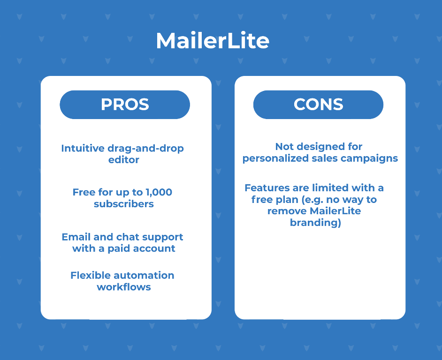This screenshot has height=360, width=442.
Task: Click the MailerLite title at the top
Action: (213, 41)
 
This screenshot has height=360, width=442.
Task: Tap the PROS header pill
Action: (125, 105)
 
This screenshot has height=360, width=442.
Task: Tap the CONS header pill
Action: (318, 105)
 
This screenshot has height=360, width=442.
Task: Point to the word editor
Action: (124, 160)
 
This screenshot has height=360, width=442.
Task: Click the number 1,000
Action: (159, 192)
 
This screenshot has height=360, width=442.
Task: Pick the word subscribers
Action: (124, 203)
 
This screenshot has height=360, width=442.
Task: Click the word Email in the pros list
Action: (76, 237)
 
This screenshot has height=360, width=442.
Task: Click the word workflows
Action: (124, 287)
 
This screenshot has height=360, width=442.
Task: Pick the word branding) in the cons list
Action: (315, 223)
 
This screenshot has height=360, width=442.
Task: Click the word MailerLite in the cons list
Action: (335, 211)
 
